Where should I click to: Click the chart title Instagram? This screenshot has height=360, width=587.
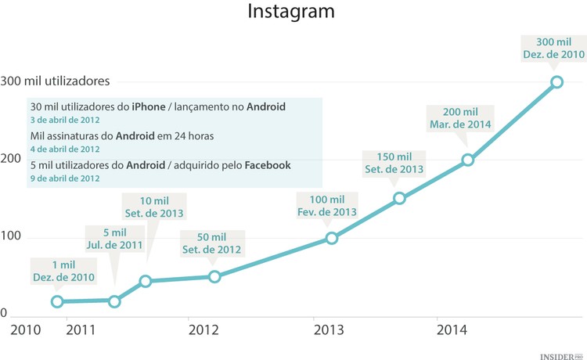coord(290,13)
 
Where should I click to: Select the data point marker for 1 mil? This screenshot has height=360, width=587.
coord(57,301)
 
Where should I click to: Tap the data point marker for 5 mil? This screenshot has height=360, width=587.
coord(114,301)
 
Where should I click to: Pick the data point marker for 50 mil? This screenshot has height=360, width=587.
coord(215,276)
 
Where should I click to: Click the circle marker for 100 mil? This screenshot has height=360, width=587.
coord(332,238)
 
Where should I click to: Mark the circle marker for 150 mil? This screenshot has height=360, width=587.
coord(399,198)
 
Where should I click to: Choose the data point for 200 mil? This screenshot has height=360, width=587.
coord(468,160)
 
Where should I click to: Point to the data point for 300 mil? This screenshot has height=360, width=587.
coord(556,81)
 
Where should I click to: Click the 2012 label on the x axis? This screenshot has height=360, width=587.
coord(203,329)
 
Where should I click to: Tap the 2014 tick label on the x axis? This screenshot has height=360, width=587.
coord(452,329)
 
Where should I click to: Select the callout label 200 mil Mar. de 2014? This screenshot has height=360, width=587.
coord(460,117)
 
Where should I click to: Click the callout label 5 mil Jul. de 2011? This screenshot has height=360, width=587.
coord(113,239)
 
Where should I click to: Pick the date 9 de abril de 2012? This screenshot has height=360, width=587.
coord(65,178)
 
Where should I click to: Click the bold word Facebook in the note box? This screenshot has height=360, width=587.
coord(268,164)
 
